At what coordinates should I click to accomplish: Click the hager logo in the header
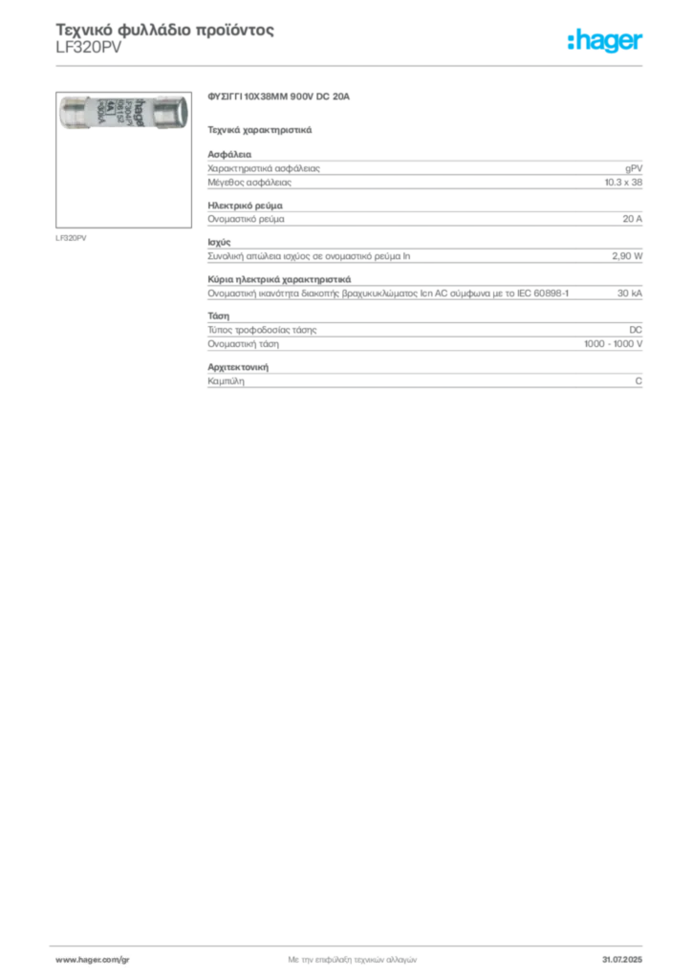(x=605, y=40)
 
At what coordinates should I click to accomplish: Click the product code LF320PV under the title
(x=89, y=48)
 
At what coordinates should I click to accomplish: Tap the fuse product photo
(x=123, y=114)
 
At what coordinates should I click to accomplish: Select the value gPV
(x=634, y=168)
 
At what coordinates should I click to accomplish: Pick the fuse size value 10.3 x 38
(x=623, y=183)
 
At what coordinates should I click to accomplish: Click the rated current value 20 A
(x=632, y=219)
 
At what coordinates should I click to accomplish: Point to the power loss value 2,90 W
(x=627, y=256)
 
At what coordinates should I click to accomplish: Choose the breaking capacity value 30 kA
(x=630, y=293)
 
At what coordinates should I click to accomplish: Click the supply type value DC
(x=636, y=330)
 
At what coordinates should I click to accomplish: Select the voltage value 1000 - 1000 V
(x=613, y=344)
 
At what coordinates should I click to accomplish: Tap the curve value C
(x=638, y=381)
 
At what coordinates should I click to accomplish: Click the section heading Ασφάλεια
(x=229, y=154)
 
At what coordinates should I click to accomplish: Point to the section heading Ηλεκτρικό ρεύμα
(x=246, y=206)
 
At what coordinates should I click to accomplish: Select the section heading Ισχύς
(x=219, y=242)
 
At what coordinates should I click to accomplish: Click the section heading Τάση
(x=218, y=315)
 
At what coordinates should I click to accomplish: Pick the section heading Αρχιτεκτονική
(x=238, y=367)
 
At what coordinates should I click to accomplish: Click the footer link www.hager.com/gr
(x=93, y=960)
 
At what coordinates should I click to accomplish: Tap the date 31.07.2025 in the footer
(x=622, y=960)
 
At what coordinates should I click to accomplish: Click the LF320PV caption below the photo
(x=71, y=238)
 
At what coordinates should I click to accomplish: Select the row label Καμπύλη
(x=226, y=381)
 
